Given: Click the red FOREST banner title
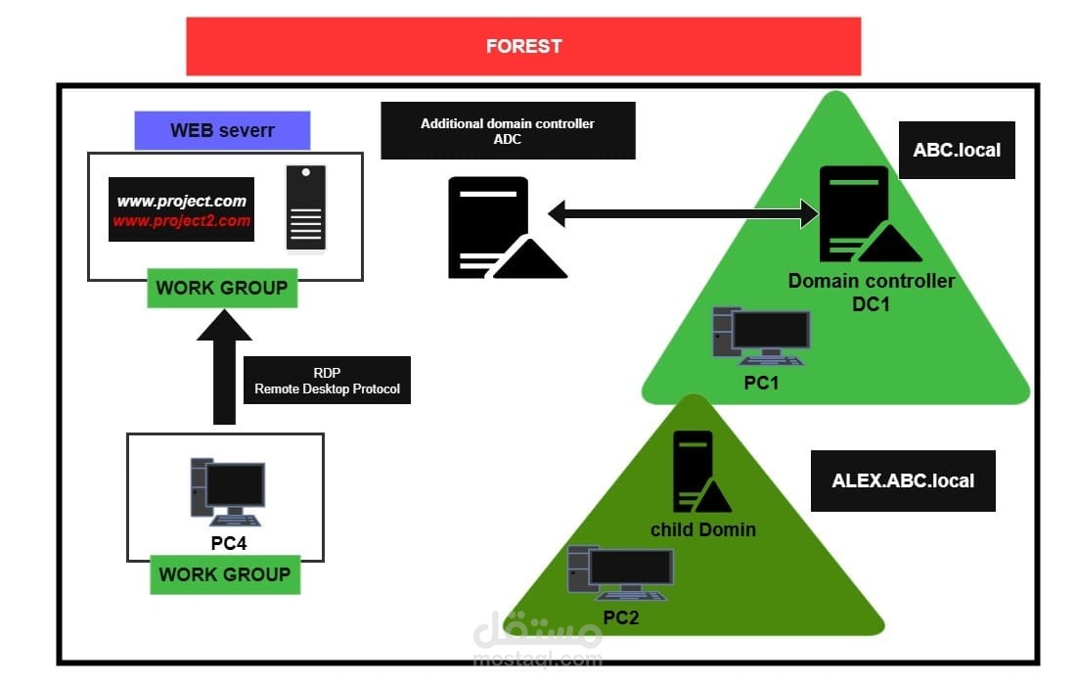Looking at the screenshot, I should (x=523, y=46).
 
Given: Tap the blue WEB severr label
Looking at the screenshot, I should (x=222, y=130).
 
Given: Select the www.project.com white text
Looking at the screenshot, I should (x=182, y=202).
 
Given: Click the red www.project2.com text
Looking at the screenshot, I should (x=182, y=221).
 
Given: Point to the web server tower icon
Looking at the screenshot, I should (x=305, y=207).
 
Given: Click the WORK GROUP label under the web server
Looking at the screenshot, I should (x=222, y=288).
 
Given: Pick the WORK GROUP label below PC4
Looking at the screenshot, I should (x=225, y=574).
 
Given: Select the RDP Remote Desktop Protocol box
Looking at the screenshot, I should (x=327, y=381).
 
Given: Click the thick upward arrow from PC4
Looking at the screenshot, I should (x=224, y=367).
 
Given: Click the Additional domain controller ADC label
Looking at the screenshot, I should (x=508, y=130).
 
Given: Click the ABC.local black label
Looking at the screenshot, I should (x=957, y=151).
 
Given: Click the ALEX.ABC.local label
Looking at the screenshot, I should (x=903, y=480).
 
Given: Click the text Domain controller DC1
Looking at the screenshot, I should (x=872, y=293).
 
